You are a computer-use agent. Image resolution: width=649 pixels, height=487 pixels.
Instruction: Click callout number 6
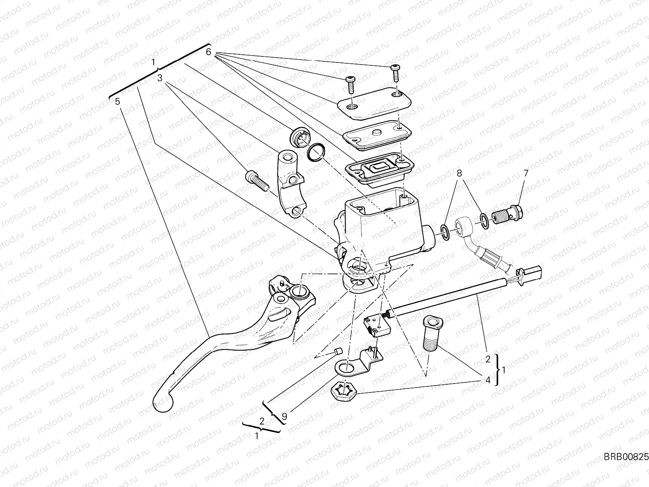(x=208, y=52)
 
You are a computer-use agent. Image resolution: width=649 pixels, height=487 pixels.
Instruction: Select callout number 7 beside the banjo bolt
(x=526, y=173)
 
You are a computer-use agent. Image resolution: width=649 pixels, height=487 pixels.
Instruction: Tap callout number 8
(x=459, y=173)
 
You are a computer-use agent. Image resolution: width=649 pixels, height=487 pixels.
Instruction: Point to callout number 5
(x=117, y=101)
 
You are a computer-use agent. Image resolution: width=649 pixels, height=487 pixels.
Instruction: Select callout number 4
(x=488, y=380)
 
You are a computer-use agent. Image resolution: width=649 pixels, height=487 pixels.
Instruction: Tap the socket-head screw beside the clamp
(x=256, y=180)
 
